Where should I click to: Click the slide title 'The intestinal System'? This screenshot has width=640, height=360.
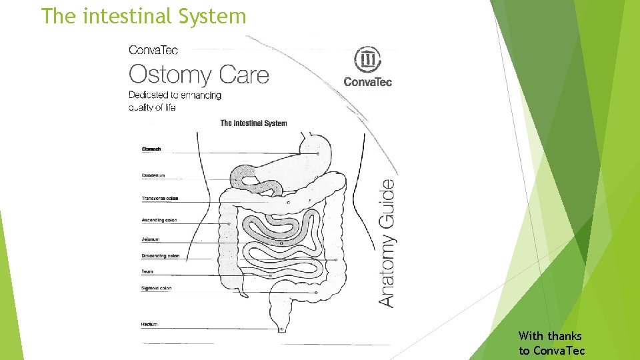(x=143, y=16)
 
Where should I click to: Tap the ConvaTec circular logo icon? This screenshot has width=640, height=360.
(x=367, y=60)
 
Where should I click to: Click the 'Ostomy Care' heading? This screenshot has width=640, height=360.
(x=199, y=74)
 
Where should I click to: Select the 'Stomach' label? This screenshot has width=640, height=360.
(x=151, y=149)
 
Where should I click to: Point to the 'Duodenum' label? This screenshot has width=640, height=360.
(x=153, y=175)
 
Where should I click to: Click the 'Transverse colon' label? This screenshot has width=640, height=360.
(x=160, y=199)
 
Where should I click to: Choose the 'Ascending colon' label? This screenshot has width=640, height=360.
(x=159, y=220)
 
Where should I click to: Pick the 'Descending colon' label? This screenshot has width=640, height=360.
(x=161, y=256)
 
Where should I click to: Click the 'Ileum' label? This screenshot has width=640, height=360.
(x=148, y=272)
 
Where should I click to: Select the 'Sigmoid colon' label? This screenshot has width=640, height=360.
(x=157, y=289)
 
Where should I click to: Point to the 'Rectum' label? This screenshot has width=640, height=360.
(x=149, y=324)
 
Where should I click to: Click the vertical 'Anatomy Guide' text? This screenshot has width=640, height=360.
(x=387, y=241)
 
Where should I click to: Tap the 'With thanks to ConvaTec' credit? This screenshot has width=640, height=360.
(x=551, y=343)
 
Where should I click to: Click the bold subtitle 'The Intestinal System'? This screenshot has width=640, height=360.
(x=253, y=123)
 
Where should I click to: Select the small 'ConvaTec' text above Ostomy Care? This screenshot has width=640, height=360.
(x=153, y=50)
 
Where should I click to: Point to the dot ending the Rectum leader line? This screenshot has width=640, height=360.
(x=282, y=329)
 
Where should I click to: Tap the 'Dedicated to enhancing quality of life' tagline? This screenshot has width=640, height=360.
(x=175, y=101)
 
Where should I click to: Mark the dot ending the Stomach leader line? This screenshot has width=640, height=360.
(x=318, y=154)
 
